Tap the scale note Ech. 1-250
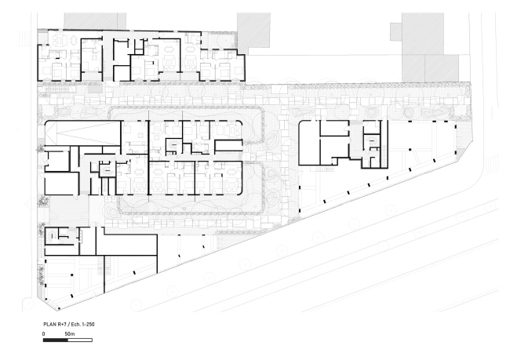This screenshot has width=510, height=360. click(x=83, y=324)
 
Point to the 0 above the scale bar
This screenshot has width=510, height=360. click(x=44, y=333)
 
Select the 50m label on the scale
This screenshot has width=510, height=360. click(x=70, y=333)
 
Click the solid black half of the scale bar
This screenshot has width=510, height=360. click(x=55, y=340)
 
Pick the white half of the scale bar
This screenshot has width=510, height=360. click(x=80, y=340)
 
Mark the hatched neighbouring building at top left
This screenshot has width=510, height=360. click(x=95, y=21)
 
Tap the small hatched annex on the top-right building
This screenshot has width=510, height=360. click(x=396, y=32)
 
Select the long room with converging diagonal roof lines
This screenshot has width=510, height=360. click(x=83, y=133)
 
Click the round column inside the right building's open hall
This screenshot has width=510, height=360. click(x=410, y=150)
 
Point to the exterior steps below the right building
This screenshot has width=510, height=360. click(x=322, y=169)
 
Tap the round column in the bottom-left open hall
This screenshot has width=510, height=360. click(x=72, y=275)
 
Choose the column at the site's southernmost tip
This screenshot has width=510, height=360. click(x=59, y=308)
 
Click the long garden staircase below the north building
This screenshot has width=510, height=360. click(x=57, y=89)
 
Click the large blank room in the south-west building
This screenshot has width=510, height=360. click(x=126, y=245)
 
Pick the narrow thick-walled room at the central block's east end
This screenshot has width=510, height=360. click(x=228, y=145)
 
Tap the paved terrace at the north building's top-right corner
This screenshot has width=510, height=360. click(x=218, y=41)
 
